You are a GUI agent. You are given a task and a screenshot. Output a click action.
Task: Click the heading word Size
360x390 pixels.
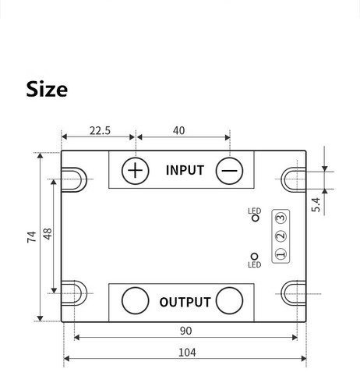pos(47,88)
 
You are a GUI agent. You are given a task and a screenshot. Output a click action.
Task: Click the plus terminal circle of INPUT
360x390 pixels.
pos(136,170)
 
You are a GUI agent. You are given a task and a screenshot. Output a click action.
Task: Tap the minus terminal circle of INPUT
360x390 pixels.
pos(230,170)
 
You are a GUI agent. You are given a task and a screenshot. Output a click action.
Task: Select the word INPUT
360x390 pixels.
pos(185,170)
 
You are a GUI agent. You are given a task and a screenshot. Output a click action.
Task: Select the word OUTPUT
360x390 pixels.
pos(185,302)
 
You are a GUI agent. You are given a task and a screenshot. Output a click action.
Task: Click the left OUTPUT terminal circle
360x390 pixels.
pos(136,300)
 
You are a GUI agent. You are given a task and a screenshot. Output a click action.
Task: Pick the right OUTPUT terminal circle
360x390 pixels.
pos(230,300)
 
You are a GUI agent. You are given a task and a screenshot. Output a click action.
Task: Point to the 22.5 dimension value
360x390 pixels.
pos(100,131)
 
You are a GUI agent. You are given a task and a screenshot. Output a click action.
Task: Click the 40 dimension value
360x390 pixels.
pos(178,131)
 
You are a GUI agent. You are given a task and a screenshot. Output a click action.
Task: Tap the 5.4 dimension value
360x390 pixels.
pos(316,204)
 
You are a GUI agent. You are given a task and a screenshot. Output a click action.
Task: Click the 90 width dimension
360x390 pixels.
pos(185,330)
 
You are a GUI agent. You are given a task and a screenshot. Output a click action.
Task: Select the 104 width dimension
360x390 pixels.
pos(186,352)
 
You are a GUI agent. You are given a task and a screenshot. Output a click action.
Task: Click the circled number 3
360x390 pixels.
pos(281,218)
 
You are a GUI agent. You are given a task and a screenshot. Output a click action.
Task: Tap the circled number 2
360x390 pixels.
pos(281,236)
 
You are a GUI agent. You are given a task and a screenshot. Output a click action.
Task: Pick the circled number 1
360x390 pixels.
pos(281,253)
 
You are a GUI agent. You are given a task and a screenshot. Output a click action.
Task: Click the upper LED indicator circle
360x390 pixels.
pos(255,218)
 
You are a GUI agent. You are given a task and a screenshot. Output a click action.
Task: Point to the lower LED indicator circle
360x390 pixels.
pos(255,256)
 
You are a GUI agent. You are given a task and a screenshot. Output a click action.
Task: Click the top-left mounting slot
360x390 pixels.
pos(75,178)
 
